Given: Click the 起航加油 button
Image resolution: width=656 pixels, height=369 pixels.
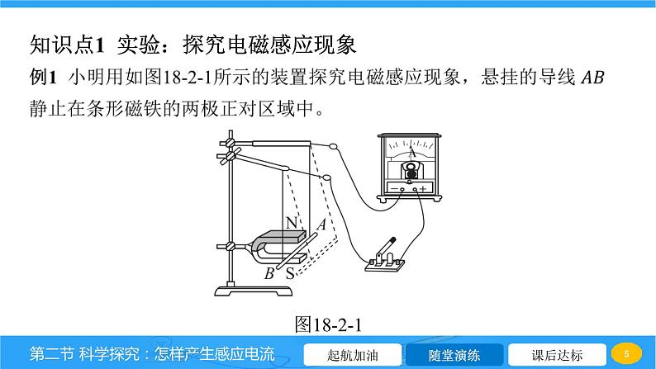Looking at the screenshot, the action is pyautogui.click(x=352, y=355).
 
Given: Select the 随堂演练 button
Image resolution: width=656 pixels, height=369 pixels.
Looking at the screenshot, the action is pyautogui.click(x=454, y=355).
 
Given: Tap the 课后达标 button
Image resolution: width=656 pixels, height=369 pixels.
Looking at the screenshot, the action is pyautogui.click(x=557, y=355).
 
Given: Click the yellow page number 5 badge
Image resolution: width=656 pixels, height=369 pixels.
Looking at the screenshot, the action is pyautogui.click(x=626, y=354).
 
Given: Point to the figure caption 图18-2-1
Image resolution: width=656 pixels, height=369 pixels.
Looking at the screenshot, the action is pyautogui.click(x=328, y=324).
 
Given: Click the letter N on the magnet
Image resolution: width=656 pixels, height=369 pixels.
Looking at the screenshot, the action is pyautogui.click(x=291, y=223).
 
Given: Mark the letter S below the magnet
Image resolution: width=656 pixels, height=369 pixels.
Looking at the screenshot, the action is pyautogui.click(x=290, y=274).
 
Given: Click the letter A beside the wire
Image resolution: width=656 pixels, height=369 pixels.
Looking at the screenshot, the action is pyautogui.click(x=321, y=225).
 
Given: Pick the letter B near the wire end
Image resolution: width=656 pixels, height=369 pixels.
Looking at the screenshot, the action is pyautogui.click(x=269, y=273).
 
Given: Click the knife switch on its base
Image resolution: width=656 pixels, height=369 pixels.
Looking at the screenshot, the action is pyautogui.click(x=385, y=257).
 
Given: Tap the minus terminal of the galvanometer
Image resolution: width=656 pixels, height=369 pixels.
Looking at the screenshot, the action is pyautogui.click(x=402, y=189).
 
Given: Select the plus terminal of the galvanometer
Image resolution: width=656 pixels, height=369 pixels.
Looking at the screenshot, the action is pyautogui.click(x=415, y=189).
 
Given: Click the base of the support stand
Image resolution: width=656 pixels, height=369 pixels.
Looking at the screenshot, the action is pyautogui.click(x=254, y=291).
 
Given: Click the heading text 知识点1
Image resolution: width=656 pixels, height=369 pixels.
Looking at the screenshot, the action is pyautogui.click(x=67, y=45).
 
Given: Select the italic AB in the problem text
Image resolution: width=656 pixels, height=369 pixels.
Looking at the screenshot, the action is pyautogui.click(x=593, y=78).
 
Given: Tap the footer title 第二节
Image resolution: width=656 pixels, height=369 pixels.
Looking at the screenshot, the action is pyautogui.click(x=50, y=354).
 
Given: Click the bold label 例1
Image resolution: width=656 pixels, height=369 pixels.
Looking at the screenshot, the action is pyautogui.click(x=43, y=78).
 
